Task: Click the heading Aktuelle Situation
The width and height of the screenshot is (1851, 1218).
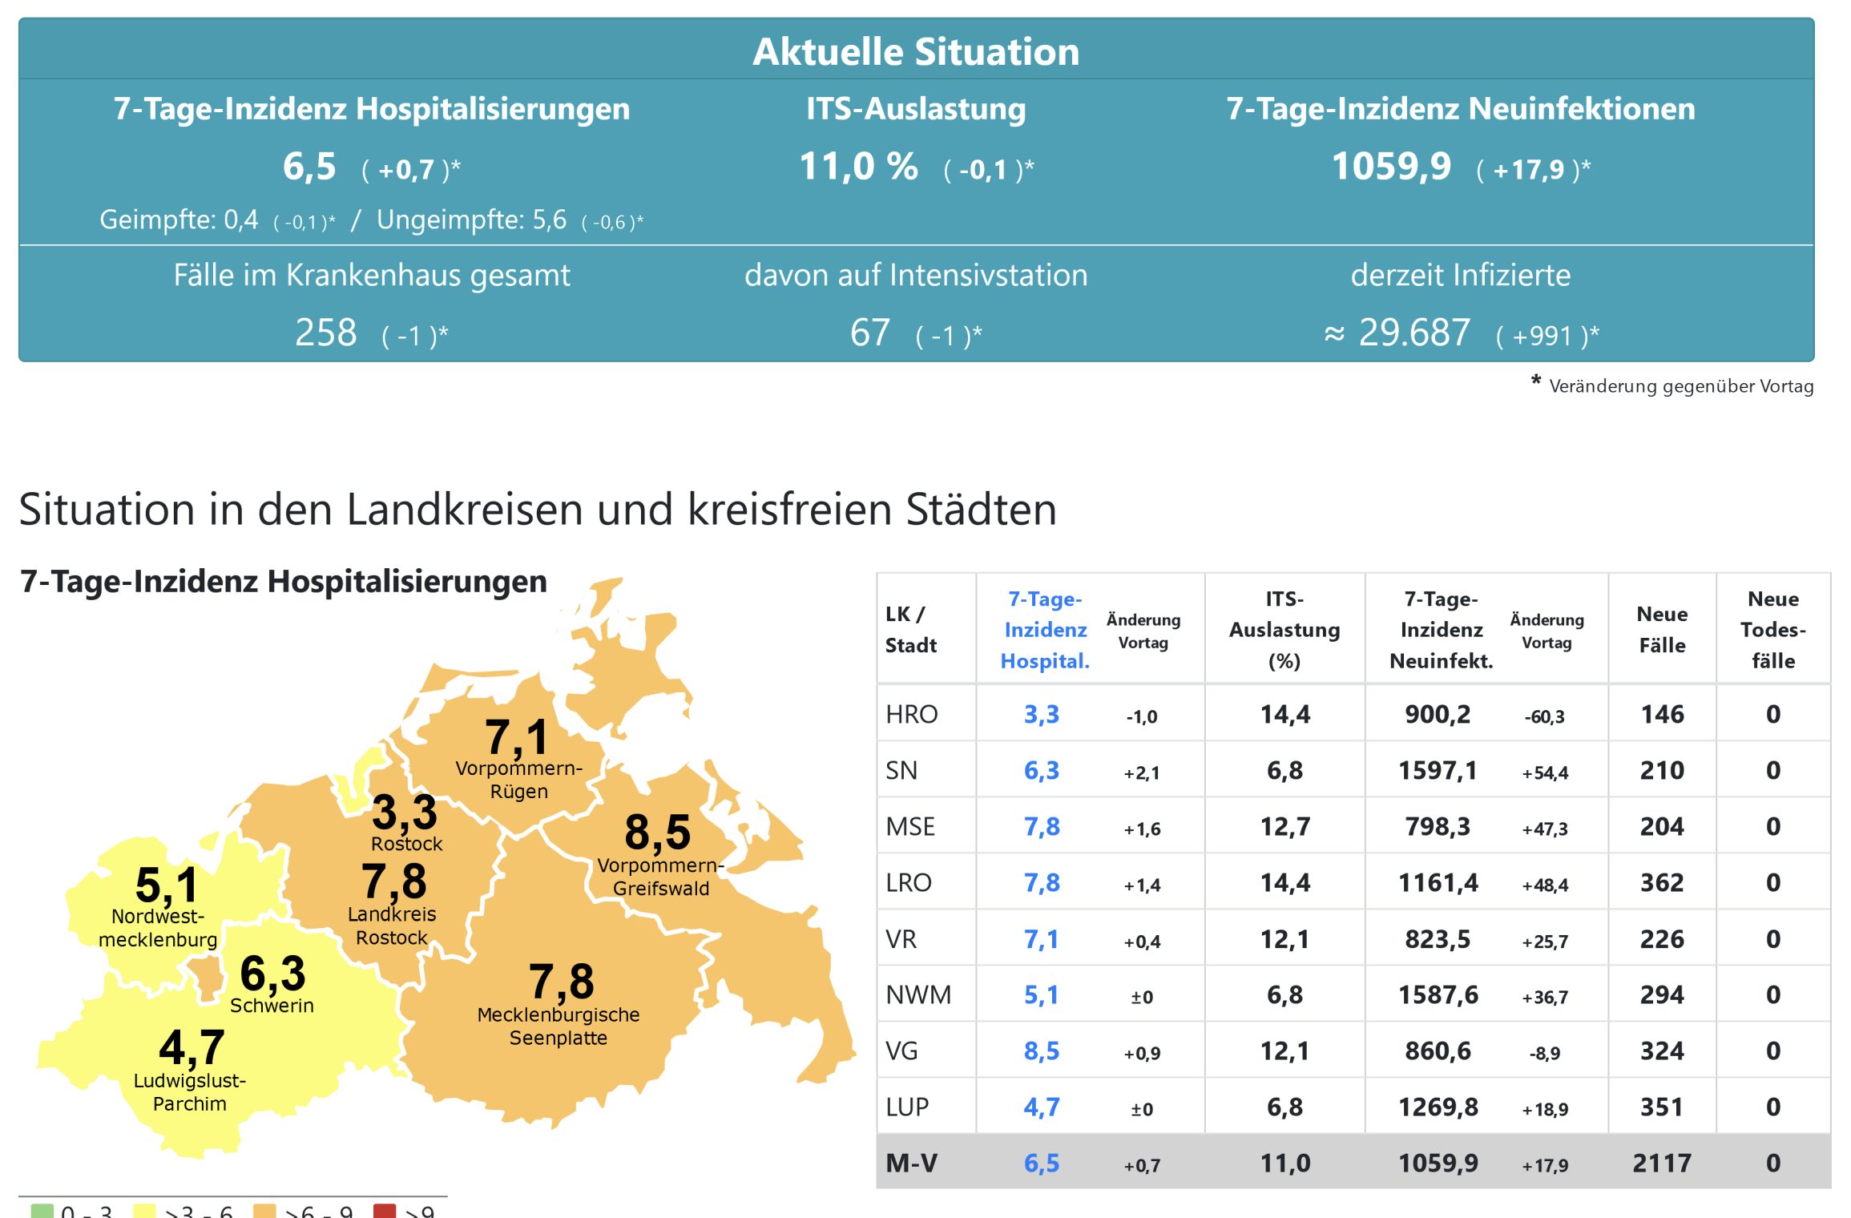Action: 916,52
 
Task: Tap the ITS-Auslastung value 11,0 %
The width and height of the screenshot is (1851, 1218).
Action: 858,167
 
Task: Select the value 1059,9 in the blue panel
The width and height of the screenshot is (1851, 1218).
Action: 1391,167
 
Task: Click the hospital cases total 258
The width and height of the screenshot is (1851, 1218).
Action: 325,333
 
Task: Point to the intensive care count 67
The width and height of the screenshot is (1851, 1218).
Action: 869,333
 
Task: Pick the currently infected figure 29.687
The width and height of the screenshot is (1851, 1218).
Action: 1414,333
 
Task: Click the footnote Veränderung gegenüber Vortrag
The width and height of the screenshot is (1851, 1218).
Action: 1680,386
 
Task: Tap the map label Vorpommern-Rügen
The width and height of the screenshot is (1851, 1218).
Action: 518,780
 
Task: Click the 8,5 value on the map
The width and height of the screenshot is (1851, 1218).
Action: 657,832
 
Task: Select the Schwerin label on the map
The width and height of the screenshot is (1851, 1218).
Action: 272,1006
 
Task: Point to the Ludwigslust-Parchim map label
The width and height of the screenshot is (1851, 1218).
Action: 190,1092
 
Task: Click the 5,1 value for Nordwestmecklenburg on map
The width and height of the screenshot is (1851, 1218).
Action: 166,885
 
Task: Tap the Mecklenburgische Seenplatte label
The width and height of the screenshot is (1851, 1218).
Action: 559,1026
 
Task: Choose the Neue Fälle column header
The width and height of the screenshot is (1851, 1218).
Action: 1662,630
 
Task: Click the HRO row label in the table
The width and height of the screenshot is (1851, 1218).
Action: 911,714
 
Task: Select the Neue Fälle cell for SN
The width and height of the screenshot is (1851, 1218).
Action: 1662,770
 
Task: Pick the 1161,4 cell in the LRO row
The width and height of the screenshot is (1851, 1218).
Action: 1438,882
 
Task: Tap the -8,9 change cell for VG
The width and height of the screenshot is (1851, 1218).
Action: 1545,1053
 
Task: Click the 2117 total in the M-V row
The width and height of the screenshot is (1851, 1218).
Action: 1662,1163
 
